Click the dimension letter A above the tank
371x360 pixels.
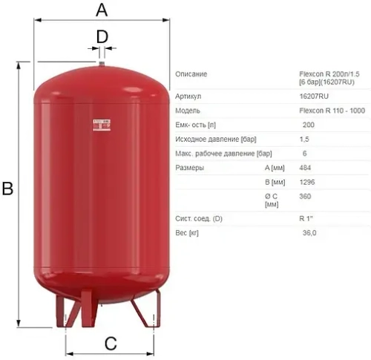click(x=102, y=10)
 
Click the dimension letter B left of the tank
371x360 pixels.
click(x=7, y=189)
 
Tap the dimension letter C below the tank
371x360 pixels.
click(x=109, y=344)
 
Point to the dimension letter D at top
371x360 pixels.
click(x=102, y=35)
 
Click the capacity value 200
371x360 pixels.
click(x=309, y=124)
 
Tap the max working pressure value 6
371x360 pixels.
click(x=305, y=153)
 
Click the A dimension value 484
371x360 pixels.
click(x=304, y=168)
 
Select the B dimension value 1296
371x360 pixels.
click(x=306, y=182)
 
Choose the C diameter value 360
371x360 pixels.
click(x=304, y=196)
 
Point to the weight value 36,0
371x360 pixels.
click(x=309, y=233)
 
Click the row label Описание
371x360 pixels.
click(x=191, y=74)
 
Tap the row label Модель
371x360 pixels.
click(x=188, y=110)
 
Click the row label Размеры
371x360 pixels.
click(x=190, y=168)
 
